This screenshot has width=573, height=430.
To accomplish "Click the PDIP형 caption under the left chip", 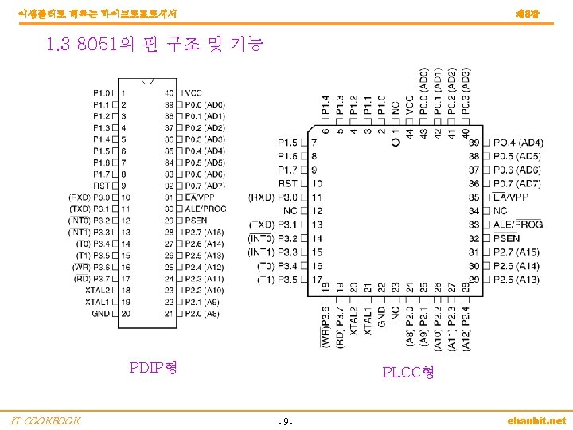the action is [x=153, y=367].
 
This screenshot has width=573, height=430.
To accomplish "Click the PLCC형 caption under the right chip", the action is [x=407, y=372].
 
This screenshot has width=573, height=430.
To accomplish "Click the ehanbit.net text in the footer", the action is [x=536, y=420].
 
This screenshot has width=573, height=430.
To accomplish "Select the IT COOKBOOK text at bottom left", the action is [x=45, y=420].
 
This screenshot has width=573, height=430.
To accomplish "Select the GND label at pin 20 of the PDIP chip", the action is [x=101, y=314].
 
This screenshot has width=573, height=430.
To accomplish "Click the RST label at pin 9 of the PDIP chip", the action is [x=102, y=186].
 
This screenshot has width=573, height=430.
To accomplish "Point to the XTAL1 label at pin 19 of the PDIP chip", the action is [x=98, y=303].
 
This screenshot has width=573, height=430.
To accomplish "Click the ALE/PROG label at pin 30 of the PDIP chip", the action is [x=205, y=209].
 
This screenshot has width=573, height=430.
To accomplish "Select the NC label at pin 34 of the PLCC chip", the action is [x=500, y=211].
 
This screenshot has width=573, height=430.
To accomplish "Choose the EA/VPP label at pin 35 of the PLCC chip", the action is [x=510, y=197].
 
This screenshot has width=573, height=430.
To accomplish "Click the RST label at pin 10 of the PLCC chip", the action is [x=288, y=183].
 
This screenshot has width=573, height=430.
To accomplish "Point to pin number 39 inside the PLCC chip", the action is [x=474, y=142].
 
